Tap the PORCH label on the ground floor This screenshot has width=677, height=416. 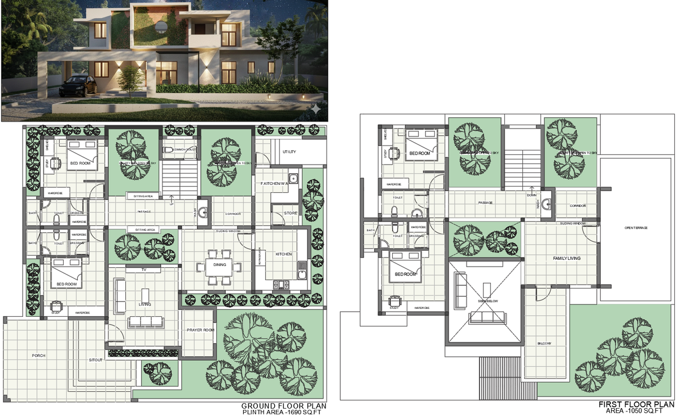[x=38, y=356]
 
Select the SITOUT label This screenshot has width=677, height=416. [x=95, y=359]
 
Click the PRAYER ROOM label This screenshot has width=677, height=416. [x=200, y=330]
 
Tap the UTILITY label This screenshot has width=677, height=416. [x=289, y=152]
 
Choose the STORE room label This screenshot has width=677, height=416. [x=291, y=213]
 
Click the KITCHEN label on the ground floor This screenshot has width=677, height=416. [x=283, y=254]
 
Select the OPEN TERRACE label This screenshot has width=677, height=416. [x=636, y=228]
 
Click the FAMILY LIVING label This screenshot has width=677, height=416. [x=566, y=258]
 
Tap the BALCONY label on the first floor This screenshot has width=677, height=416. [x=544, y=343]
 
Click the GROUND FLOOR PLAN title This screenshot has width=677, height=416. [x=283, y=406]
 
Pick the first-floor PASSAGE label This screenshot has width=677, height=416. [x=485, y=202]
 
